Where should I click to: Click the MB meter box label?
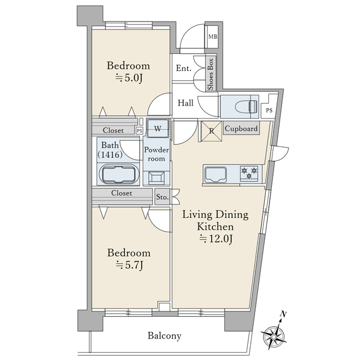[x=212, y=37]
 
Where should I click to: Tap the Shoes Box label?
[x=211, y=74]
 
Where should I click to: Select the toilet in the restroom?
[x=245, y=107]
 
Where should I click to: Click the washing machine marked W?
[x=158, y=128]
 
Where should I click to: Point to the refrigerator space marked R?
[x=211, y=131]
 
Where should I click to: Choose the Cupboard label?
[x=241, y=128]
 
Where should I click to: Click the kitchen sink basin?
[x=215, y=175]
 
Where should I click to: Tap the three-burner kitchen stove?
[x=249, y=173]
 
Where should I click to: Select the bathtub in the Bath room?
[x=118, y=174]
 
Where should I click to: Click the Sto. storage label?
[x=163, y=197]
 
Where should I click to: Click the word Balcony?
[x=164, y=336]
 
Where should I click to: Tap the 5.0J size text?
[x=129, y=78]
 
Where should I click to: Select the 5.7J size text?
[x=130, y=266]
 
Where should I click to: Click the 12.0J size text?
[x=216, y=239]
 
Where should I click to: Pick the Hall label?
[x=185, y=103]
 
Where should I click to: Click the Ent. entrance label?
[x=184, y=68]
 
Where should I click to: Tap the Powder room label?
[x=157, y=154]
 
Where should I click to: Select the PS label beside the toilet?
[x=269, y=110]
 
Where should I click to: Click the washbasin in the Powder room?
[x=157, y=178]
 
